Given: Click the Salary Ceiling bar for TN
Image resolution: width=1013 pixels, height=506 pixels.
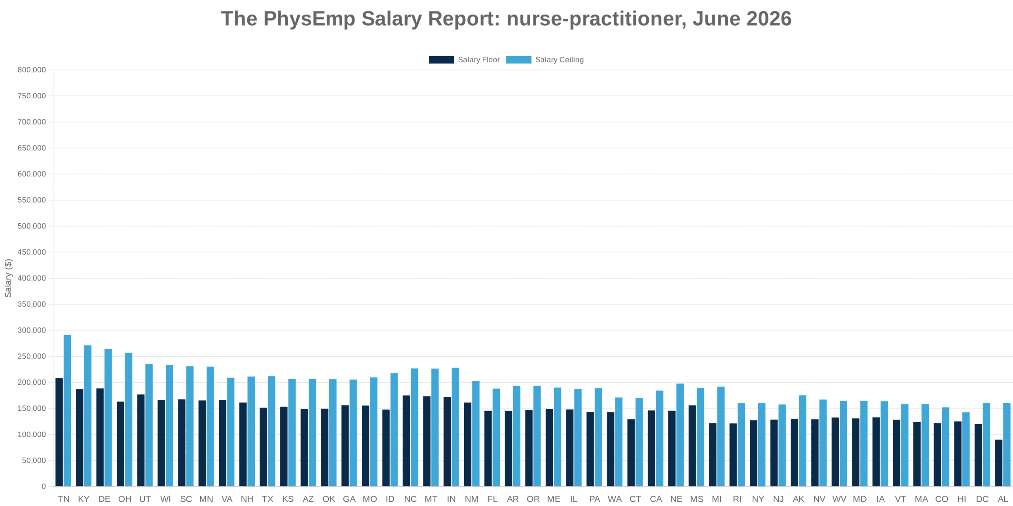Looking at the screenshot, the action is [67, 410].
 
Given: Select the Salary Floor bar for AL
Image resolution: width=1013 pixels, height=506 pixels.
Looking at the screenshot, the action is [999, 463].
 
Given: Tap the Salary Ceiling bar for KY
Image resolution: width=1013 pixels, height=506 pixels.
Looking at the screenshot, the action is [88, 416].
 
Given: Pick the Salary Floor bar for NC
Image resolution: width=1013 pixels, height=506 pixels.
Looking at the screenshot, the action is [406, 441].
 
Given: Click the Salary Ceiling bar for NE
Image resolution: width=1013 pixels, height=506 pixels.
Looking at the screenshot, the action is [680, 435].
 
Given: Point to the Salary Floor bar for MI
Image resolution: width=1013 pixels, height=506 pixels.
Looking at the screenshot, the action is [713, 455].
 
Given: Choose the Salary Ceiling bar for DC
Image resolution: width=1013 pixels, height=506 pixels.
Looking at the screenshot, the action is [986, 445].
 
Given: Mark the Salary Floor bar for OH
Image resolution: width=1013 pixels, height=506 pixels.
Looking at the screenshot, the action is [120, 444].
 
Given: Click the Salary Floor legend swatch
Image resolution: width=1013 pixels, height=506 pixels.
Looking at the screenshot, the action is [441, 60].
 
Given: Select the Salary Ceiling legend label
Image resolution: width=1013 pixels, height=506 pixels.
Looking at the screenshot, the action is [559, 60].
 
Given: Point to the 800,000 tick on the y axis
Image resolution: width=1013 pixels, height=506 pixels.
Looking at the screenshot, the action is [32, 70].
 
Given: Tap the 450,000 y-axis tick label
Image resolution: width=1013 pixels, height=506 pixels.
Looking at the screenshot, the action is [32, 252].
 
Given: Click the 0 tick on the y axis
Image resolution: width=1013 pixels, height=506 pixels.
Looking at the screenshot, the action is [44, 486].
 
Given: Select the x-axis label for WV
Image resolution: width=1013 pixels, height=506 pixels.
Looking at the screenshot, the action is [839, 499].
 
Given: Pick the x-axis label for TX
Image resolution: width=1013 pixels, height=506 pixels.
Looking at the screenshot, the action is [267, 499].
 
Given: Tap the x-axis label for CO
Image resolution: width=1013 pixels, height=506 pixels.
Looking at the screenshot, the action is [942, 499].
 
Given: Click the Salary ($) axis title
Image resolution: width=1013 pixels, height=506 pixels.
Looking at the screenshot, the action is [8, 278].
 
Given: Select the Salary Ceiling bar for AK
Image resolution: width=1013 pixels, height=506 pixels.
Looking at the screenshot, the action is [802, 441].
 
